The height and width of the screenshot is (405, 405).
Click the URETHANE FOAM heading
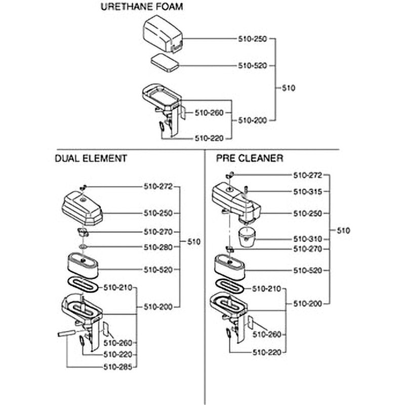click(x=142, y=7)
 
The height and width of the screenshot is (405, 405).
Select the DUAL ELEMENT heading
click(x=91, y=158)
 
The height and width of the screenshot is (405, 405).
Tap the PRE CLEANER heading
click(x=250, y=158)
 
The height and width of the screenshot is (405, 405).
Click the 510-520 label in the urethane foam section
click(x=252, y=66)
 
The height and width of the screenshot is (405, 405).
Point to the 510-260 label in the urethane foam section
click(x=209, y=113)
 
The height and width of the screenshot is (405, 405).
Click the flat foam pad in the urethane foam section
click(x=165, y=62)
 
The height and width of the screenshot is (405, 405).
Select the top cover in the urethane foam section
click(x=163, y=34)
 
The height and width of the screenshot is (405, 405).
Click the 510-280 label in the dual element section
click(x=158, y=247)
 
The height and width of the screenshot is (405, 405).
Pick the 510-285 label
click(x=118, y=367)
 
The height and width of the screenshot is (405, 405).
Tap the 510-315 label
click(x=308, y=192)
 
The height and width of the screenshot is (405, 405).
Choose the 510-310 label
click(x=308, y=239)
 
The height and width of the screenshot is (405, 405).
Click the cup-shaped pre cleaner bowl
click(x=247, y=237)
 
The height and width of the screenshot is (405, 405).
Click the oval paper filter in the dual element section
click(x=83, y=265)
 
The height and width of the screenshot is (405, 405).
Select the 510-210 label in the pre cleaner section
click(x=266, y=289)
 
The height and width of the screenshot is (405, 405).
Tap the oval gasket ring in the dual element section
click(x=83, y=285)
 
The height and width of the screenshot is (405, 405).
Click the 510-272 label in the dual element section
click(x=158, y=186)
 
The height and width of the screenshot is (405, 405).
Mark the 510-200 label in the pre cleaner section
click(x=308, y=304)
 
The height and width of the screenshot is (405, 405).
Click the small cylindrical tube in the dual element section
click(x=67, y=334)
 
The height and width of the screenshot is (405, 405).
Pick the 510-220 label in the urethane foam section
click(x=209, y=138)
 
